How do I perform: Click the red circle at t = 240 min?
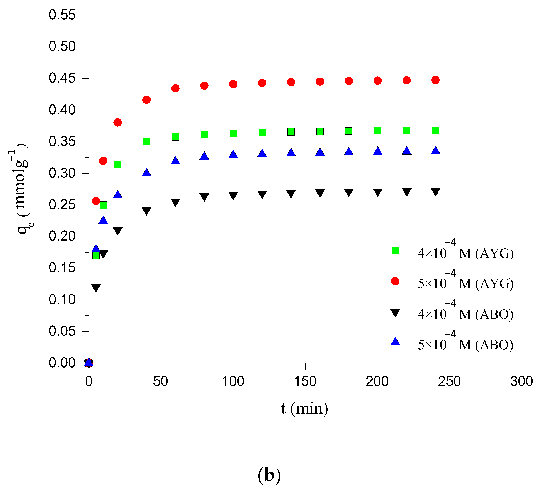click(435, 80)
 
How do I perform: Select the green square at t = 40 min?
click(146, 141)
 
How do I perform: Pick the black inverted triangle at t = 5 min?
click(96, 288)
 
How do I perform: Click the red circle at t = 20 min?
click(118, 123)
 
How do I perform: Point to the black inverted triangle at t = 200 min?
click(377, 192)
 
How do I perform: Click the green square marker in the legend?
click(395, 251)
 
